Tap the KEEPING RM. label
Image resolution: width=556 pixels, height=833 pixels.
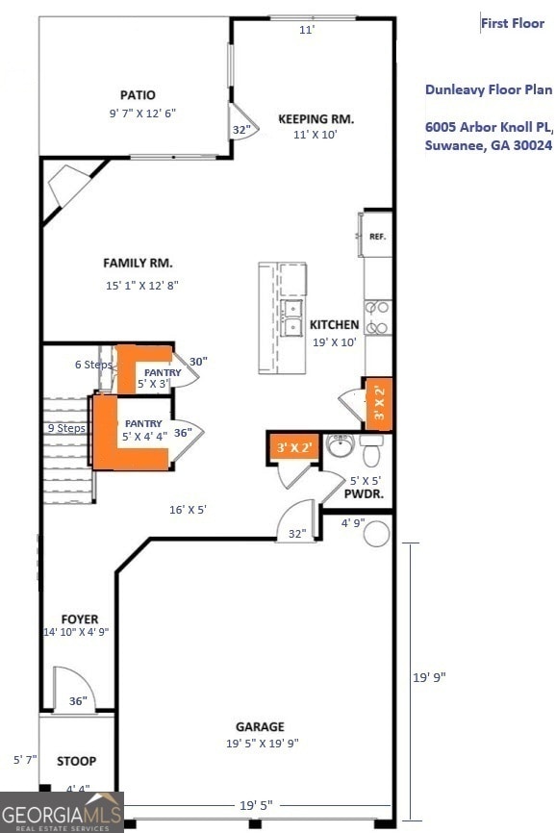point(316,119)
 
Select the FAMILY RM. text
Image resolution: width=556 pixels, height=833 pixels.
point(138,263)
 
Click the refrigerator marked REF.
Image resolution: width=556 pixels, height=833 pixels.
point(376,235)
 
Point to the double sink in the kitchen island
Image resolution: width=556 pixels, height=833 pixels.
point(291,317)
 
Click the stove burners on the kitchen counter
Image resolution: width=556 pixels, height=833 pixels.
point(379,317)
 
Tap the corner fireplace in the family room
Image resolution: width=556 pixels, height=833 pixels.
point(70,186)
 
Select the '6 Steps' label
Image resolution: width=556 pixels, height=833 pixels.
point(93,365)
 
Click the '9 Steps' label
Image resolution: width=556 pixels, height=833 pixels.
point(66,428)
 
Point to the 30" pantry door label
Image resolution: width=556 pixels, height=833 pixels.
point(198,361)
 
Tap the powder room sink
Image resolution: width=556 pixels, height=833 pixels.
point(341,445)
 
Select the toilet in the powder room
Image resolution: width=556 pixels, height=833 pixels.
point(371,447)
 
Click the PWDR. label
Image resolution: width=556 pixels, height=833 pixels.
point(365,493)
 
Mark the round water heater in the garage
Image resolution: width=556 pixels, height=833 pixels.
point(376,533)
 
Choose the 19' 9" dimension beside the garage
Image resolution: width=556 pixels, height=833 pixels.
point(429,677)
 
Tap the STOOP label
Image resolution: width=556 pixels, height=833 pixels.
point(76,761)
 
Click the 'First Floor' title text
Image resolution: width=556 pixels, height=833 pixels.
point(513,23)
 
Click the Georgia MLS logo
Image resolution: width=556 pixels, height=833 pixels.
point(62,812)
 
